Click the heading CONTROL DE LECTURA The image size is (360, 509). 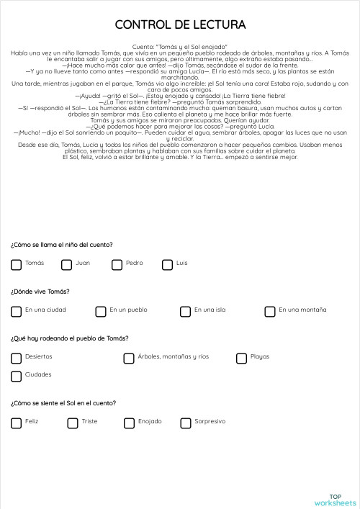tap(180, 25)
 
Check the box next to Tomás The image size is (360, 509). tap(16, 264)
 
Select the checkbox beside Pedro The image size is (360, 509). tap(117, 264)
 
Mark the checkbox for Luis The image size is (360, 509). tap(167, 264)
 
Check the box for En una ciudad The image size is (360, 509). tap(16, 311)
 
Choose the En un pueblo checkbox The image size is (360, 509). tap(101, 311)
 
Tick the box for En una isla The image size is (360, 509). tap(185, 311)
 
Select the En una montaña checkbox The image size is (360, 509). tap(270, 311)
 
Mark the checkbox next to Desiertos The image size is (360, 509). tap(16, 358)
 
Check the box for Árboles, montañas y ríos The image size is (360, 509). tap(129, 358)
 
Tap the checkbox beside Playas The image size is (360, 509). tap(241, 358)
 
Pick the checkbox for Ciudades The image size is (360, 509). tap(16, 376)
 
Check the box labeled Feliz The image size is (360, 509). tap(16, 423)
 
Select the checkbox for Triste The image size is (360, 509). tap(72, 423)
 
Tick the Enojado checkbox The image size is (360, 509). tap(129, 423)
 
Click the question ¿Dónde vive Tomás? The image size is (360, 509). tap(40, 292)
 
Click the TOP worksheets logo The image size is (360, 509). tap(335, 499)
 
